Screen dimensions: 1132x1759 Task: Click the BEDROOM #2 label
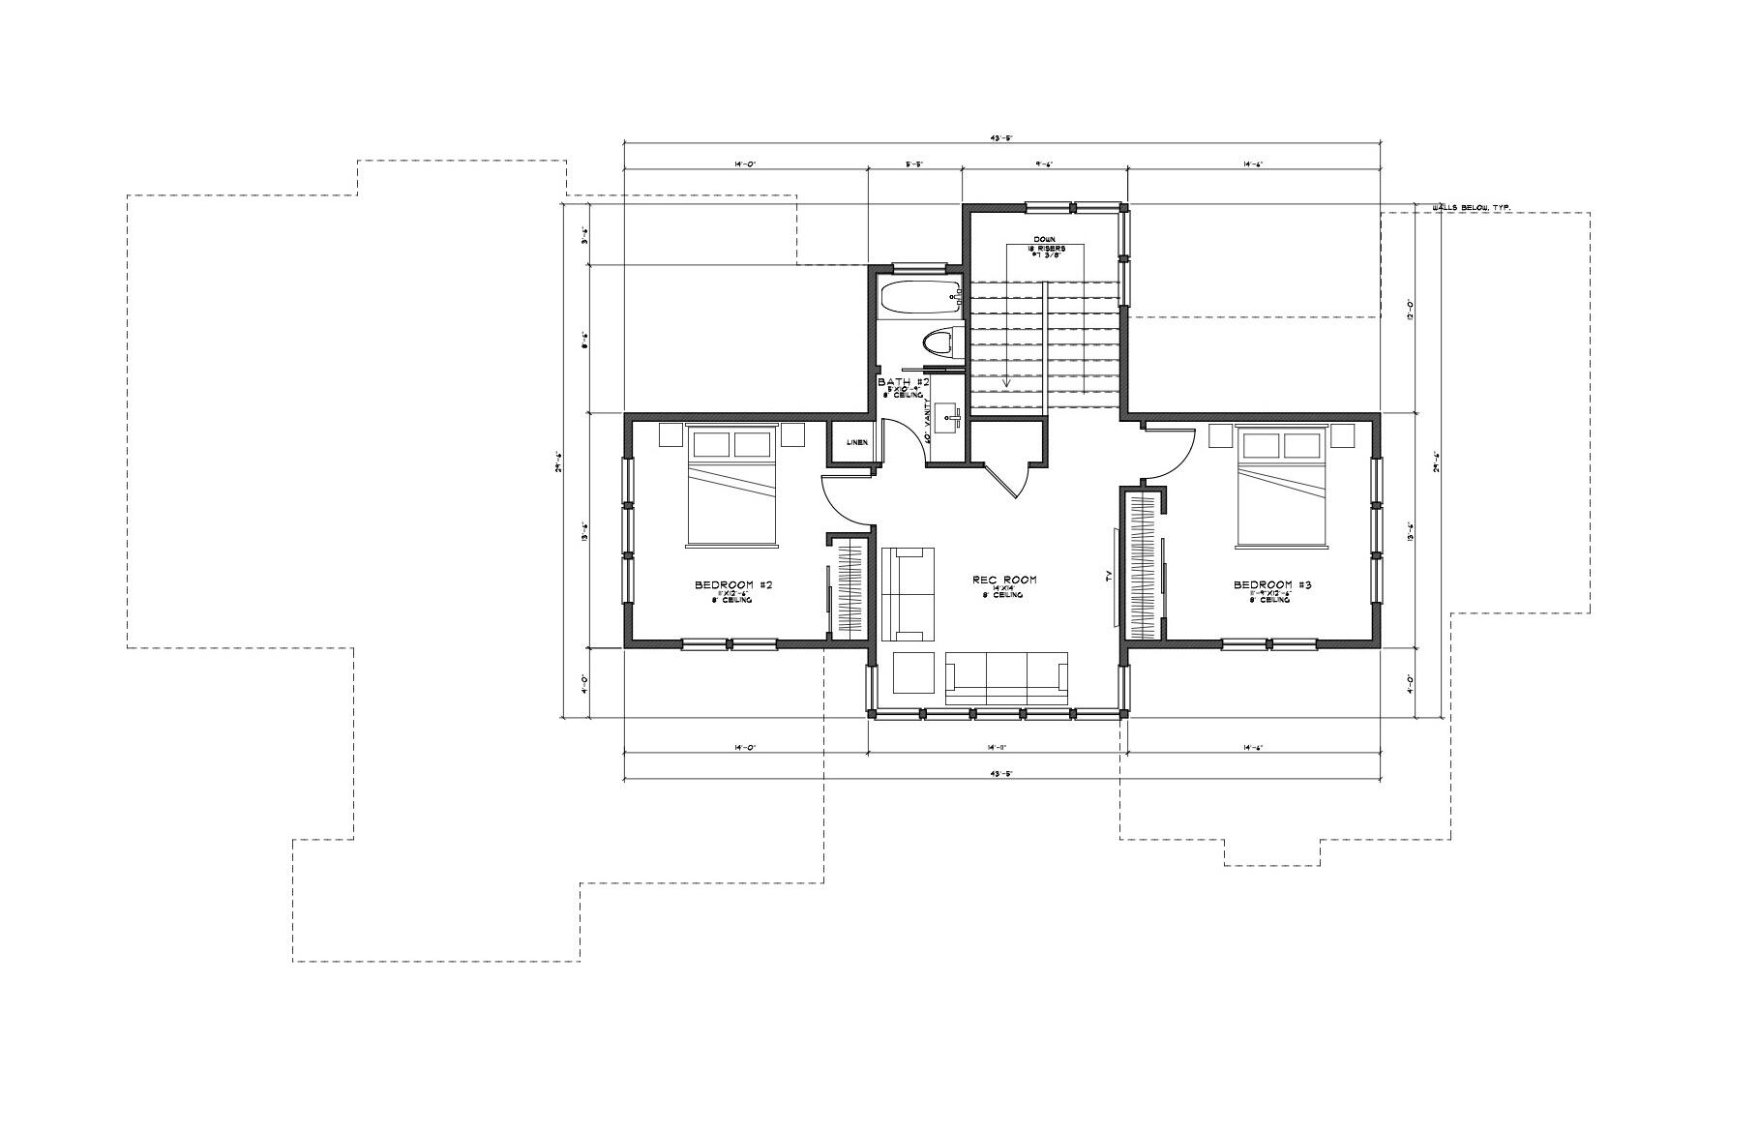[x=732, y=585]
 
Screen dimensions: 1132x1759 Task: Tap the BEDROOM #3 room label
[x=1271, y=585]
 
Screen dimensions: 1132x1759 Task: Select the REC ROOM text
[x=1004, y=580]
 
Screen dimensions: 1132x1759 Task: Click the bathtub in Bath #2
[x=919, y=297]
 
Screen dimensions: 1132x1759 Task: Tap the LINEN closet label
[x=856, y=442]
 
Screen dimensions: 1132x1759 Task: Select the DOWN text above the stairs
[x=1044, y=239]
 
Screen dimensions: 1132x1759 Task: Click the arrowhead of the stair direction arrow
[x=1006, y=384]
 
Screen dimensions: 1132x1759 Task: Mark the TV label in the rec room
[x=1109, y=577]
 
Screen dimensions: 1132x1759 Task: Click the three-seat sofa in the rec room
[x=1006, y=677]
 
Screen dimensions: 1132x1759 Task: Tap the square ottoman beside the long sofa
[x=913, y=673]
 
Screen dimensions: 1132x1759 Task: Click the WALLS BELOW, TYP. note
[x=1471, y=207]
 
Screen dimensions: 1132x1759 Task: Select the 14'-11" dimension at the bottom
[x=999, y=747]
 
